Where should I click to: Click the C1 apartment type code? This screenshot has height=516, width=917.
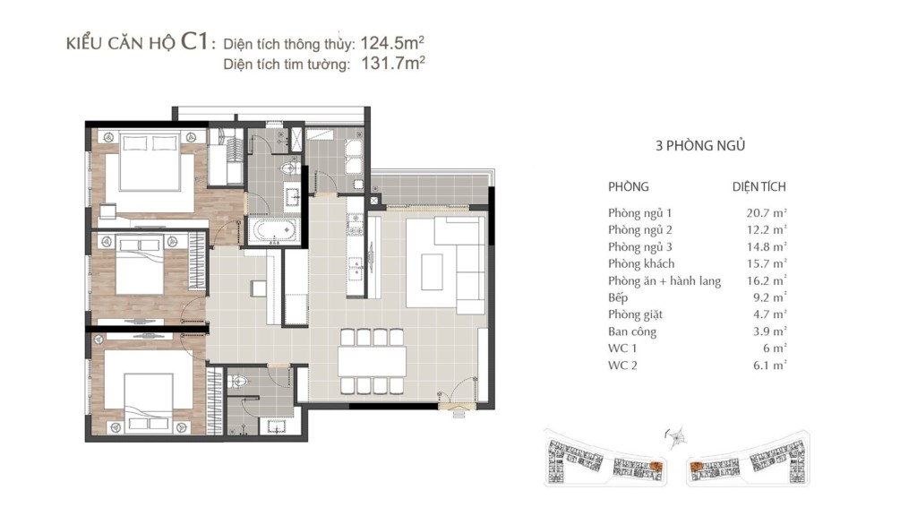coord(194,41)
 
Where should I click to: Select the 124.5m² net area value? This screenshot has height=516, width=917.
coord(392,43)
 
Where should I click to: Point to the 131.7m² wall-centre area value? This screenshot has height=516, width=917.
coord(392,63)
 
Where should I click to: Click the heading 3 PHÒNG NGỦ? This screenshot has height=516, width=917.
coord(700,146)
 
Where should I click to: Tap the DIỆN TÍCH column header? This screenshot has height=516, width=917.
coord(759,186)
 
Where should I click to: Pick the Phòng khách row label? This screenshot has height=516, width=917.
coord(641,264)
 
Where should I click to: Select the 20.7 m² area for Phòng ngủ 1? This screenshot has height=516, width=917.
coord(767,213)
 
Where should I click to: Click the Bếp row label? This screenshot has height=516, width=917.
coord(618,297)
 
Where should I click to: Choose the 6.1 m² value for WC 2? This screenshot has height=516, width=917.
coord(769,365)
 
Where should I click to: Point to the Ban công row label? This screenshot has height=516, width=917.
coord(632,331)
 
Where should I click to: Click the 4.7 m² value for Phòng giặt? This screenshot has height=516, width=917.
coord(769,314)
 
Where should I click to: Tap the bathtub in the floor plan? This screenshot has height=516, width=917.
coord(273,230)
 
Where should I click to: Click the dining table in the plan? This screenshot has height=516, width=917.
coord(372,362)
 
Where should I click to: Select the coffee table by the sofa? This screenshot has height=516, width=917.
coord(433,271)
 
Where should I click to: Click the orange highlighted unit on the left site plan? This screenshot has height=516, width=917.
coord(656,467)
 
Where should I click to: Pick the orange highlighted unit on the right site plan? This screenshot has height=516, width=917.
coord(696,468)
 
